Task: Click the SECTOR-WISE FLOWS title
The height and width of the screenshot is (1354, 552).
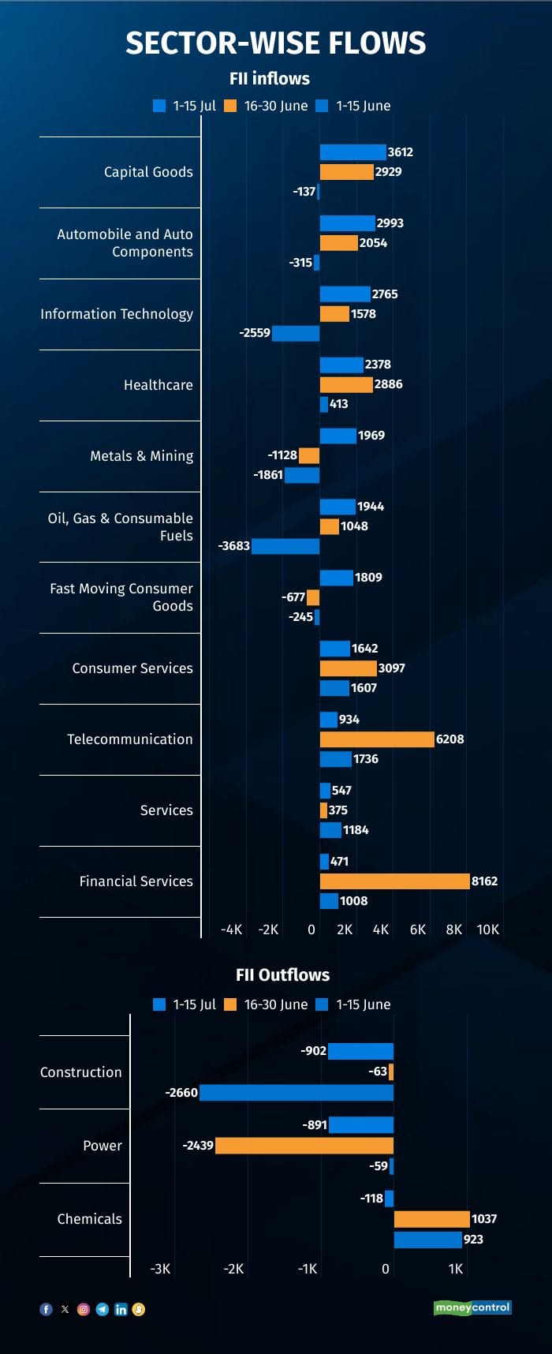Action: click(x=275, y=43)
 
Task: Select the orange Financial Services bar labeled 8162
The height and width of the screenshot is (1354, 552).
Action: click(x=394, y=881)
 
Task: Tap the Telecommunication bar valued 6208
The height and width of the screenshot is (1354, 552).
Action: click(x=377, y=739)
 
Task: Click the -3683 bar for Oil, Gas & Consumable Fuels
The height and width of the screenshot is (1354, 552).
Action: click(x=285, y=546)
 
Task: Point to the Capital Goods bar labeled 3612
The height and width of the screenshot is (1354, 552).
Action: click(x=352, y=152)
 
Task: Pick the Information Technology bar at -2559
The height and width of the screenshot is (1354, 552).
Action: click(x=296, y=333)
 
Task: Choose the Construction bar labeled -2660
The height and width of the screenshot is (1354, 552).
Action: click(x=297, y=1093)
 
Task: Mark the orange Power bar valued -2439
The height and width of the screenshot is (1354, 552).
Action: click(x=304, y=1146)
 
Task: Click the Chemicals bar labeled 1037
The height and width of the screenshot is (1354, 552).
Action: click(x=431, y=1219)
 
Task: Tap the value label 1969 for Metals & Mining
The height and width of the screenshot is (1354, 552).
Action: click(x=371, y=436)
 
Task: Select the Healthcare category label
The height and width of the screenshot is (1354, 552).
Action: click(x=158, y=385)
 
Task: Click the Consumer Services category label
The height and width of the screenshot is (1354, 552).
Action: click(x=132, y=668)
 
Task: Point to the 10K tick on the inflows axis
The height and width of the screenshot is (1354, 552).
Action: click(x=487, y=929)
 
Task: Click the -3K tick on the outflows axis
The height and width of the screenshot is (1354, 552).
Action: click(x=160, y=1269)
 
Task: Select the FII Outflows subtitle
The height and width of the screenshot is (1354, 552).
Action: click(x=282, y=974)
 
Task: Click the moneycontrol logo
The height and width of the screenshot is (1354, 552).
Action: click(x=472, y=1307)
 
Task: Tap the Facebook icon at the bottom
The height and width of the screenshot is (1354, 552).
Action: click(x=46, y=1309)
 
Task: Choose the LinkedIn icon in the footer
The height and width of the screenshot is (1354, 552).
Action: click(x=121, y=1309)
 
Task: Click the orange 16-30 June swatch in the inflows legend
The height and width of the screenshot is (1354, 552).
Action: click(x=230, y=106)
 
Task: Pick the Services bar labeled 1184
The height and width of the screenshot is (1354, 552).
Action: click(x=330, y=830)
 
